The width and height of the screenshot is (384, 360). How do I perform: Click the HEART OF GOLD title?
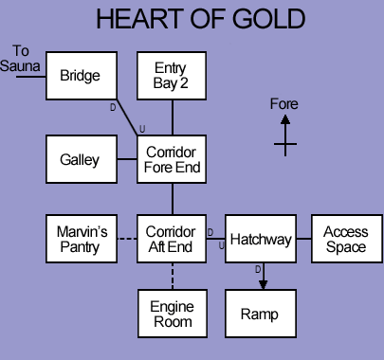point(200,20)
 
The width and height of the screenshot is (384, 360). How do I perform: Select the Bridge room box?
point(80,76)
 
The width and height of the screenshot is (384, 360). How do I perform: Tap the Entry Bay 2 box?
point(172,76)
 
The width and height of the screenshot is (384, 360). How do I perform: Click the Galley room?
point(80,159)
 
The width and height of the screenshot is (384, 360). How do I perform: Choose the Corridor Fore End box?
point(172,159)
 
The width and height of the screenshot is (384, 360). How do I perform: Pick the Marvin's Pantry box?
point(80,240)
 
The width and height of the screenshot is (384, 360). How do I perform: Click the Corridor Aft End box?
point(172,240)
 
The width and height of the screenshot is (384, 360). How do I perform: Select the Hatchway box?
point(261,240)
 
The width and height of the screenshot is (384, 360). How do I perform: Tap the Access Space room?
point(345,240)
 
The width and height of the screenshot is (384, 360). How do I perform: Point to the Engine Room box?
point(172,314)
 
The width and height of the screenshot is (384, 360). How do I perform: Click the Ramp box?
point(261,314)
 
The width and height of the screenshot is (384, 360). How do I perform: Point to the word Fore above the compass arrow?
point(284,103)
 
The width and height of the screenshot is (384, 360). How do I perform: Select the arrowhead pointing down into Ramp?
point(263,282)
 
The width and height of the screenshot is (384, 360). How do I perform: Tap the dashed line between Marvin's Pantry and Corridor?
point(125,240)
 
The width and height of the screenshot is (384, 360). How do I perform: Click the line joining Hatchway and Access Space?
point(303,240)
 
